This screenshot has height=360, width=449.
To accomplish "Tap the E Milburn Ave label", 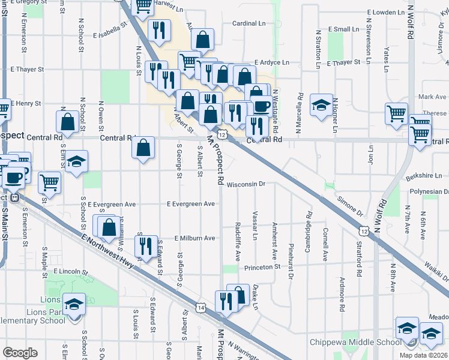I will click(x=194, y=238).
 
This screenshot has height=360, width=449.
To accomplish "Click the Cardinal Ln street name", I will click(x=249, y=23).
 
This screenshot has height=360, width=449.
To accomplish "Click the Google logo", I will click(x=20, y=353).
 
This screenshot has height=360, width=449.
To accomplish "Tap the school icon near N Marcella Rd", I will click(x=321, y=105).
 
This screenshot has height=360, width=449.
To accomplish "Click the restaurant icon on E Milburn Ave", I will click(x=145, y=246).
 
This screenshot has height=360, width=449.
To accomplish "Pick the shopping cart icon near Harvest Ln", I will click(x=143, y=5).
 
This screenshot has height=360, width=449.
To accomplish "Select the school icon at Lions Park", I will click(x=75, y=304).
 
